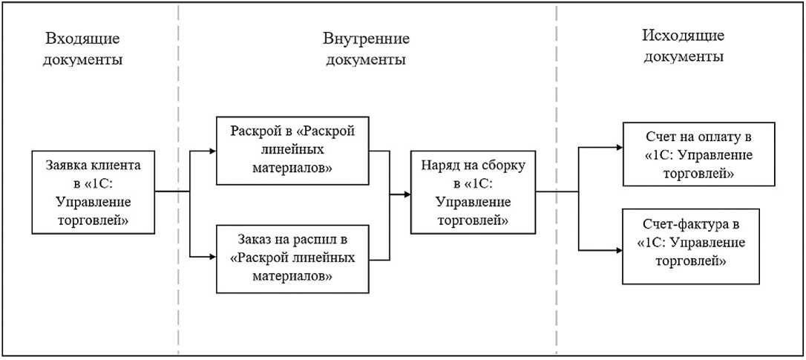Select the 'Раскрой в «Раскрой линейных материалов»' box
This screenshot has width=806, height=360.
pos(292,151)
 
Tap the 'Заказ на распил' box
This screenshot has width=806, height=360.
pos(292,258)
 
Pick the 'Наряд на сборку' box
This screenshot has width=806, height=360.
pos(473,192)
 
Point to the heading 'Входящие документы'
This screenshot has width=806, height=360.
pos(82,49)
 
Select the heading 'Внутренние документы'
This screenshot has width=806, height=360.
pos(366,49)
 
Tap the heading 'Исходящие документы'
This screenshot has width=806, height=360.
pos(683,46)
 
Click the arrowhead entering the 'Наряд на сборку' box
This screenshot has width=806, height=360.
pos(407,194)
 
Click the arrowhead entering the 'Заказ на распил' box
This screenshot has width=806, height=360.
pos(212,256)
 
